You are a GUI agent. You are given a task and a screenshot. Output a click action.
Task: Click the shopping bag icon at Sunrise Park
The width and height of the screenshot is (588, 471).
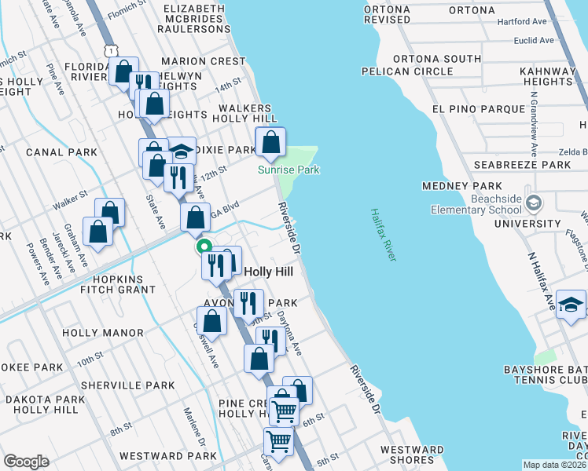(270, 143)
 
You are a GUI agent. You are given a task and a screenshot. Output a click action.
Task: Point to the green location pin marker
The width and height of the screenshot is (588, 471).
(204, 246)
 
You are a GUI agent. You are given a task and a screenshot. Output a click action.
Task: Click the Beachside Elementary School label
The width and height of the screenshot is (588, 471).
(476, 204)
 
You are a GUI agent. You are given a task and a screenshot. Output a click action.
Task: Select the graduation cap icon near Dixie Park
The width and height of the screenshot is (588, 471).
(182, 152)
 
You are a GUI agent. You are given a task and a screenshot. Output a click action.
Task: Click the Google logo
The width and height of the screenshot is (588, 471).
(26, 462)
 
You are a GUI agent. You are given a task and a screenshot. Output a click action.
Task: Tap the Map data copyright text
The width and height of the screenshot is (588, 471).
(554, 465)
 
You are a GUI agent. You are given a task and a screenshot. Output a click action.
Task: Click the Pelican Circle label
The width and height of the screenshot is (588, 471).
(407, 71)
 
